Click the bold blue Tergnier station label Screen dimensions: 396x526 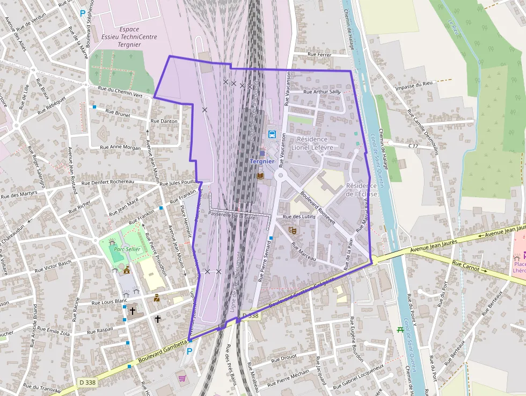pos(262,161)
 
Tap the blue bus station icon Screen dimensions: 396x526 pos(272,134)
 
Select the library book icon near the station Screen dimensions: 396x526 pos(260,176)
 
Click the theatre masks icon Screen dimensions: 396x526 pos(293,230)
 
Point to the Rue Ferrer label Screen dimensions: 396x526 pos(319,54)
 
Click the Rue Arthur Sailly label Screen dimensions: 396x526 pos(322,92)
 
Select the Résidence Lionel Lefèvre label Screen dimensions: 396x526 pos(312,143)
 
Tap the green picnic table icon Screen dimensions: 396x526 pos(400,329)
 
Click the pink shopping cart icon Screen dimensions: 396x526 pos(182,378)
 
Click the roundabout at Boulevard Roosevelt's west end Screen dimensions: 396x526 pos(280,175)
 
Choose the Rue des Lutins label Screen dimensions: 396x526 pos(299,217)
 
